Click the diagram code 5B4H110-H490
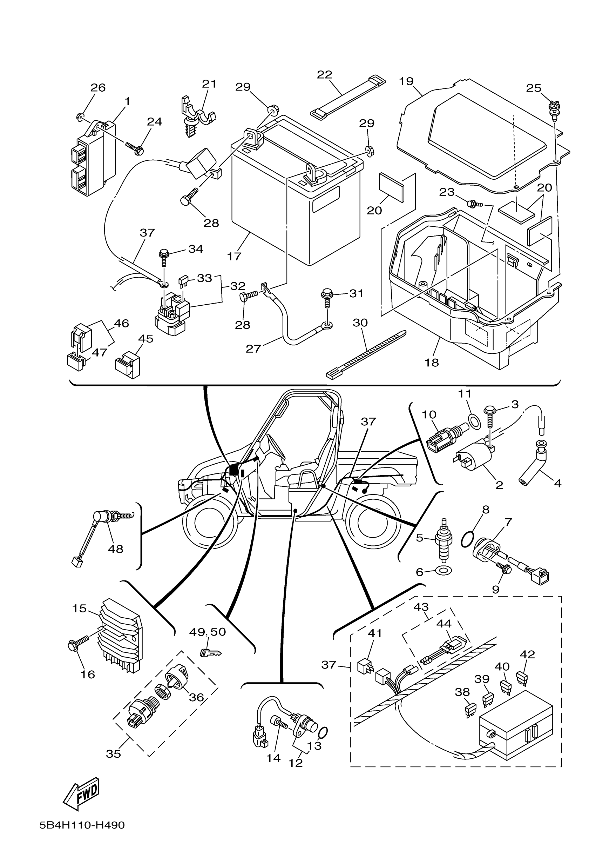click(82, 825)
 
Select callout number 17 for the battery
click(234, 256)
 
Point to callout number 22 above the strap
click(324, 75)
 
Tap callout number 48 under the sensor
click(115, 549)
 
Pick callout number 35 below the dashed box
click(113, 753)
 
